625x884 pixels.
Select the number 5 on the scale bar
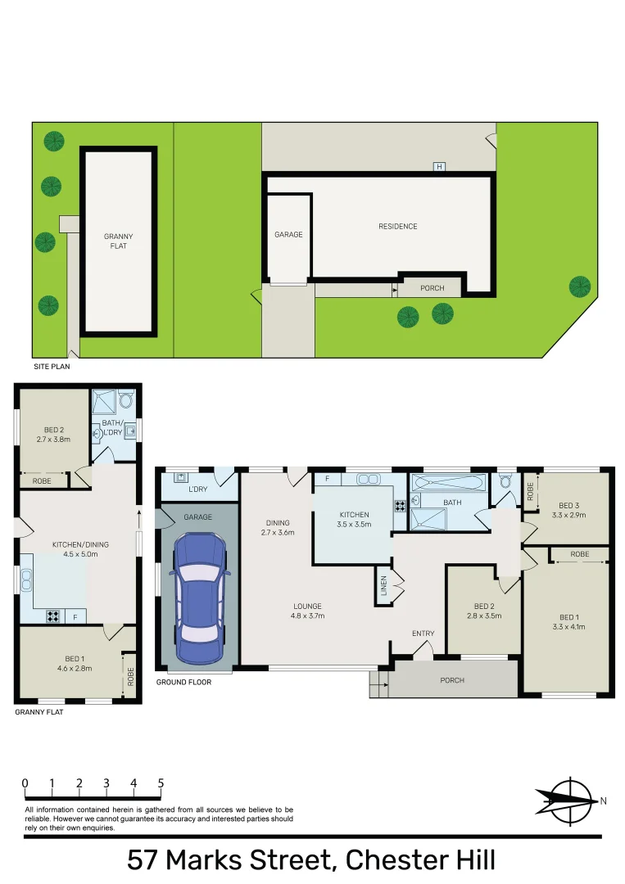coord(161,783)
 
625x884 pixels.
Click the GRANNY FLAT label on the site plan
coord(118,241)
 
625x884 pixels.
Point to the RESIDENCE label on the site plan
coord(397,227)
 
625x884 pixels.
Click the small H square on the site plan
coord(439,167)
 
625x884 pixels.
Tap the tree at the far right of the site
coord(580,286)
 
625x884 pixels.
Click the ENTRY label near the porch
coord(423,634)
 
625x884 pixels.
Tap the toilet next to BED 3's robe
coord(505,482)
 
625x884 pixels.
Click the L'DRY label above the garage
coord(197,489)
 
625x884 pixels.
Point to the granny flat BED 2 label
coord(54,434)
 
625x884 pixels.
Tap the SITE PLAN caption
coord(52,367)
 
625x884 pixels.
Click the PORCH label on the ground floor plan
coord(452,680)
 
